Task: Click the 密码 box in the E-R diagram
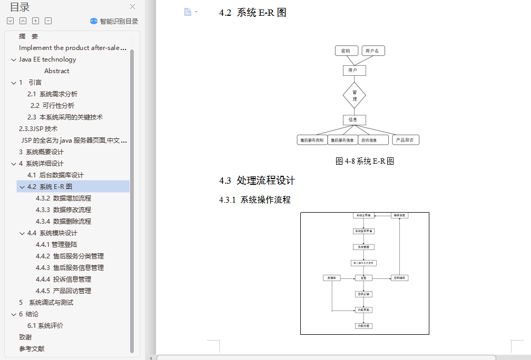[346, 51]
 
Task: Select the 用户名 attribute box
[373, 51]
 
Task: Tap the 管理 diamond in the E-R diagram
[355, 95]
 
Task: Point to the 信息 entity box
[354, 119]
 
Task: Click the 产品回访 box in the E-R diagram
[405, 140]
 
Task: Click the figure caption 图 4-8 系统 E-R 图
[365, 162]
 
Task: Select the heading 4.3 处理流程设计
[257, 181]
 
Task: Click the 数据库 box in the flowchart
[332, 278]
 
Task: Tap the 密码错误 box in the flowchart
[400, 278]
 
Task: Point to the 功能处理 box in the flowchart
[364, 326]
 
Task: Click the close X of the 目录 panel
[132, 7]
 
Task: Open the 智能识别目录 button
[114, 21]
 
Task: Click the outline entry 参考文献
[32, 348]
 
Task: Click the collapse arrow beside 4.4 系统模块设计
[22, 233]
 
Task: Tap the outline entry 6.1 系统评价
[45, 325]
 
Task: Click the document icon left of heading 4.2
[188, 12]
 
